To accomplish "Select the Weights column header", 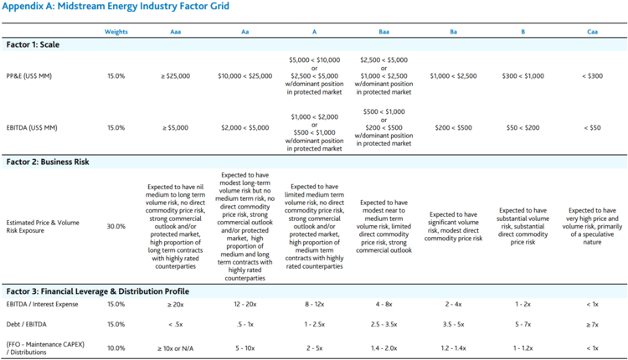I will click(116, 32).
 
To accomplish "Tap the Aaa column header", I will click(175, 32).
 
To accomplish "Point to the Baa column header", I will click(384, 32).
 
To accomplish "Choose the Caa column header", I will click(592, 32).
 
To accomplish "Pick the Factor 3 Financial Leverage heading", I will click(97, 291).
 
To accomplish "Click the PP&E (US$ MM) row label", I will click(29, 76).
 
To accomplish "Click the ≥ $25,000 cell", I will click(175, 76).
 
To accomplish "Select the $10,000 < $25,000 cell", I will click(245, 76).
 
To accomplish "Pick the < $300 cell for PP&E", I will click(592, 76).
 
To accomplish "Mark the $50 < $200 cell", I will click(522, 128).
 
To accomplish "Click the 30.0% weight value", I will click(116, 226).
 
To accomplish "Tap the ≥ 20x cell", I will click(175, 305).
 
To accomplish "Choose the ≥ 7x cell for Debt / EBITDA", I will click(592, 324).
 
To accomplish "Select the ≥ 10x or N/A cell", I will click(175, 347).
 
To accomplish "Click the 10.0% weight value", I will click(116, 347).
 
